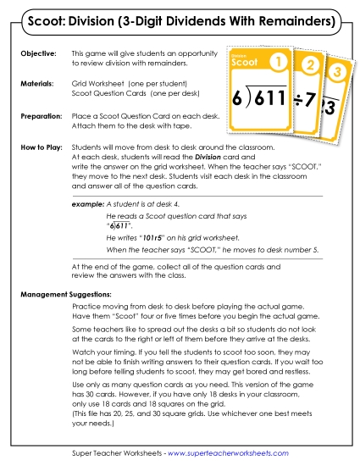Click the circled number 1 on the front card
(275, 63)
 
